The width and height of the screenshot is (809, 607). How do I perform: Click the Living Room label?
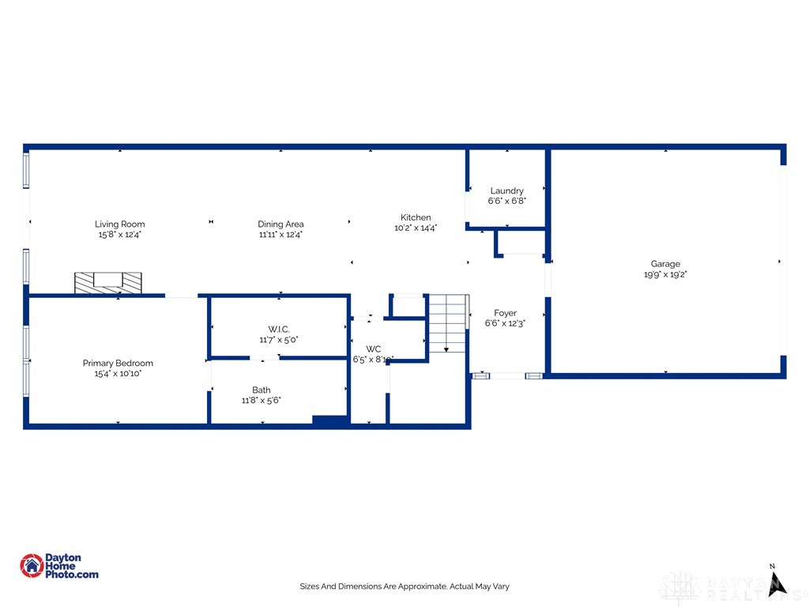tap(120, 224)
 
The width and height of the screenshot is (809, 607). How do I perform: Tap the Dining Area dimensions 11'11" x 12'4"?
tap(280, 235)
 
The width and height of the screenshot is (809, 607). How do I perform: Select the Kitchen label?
tap(416, 217)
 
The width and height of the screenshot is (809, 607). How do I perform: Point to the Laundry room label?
tap(506, 190)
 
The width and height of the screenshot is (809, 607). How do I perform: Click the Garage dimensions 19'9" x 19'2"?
tap(665, 275)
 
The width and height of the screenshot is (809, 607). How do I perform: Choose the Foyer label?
tap(505, 313)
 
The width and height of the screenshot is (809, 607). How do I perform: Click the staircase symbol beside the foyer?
tap(448, 323)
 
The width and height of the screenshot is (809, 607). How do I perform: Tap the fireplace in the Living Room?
tap(108, 282)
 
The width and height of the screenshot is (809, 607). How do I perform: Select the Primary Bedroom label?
tap(118, 364)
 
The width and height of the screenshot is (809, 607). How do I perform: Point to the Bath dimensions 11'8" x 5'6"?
tap(262, 401)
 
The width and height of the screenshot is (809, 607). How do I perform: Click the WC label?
tap(374, 349)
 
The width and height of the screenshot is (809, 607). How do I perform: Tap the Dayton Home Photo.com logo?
tap(60, 566)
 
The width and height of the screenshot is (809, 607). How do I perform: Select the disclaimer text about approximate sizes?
tap(404, 586)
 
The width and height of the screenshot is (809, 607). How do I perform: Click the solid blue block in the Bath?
tap(330, 420)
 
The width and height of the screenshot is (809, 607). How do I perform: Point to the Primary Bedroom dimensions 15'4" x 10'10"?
tap(118, 374)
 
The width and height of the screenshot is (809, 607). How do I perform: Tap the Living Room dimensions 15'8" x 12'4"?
tap(120, 235)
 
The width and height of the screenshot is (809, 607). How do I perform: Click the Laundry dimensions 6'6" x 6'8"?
tap(506, 201)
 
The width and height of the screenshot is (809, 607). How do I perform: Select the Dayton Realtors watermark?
tap(731, 586)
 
